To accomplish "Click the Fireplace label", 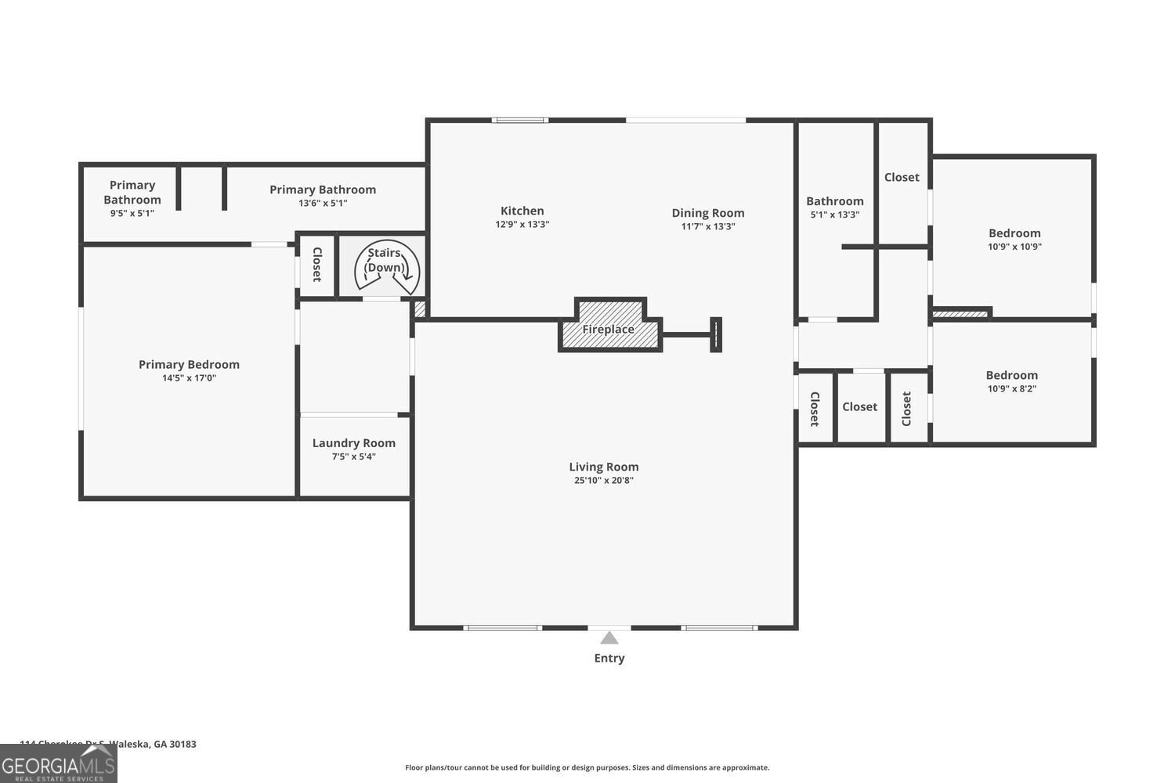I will coord(608,330).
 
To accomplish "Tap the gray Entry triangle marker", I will coord(609,638).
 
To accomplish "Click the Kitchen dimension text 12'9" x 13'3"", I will coord(522,224).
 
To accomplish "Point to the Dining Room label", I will coord(707,213).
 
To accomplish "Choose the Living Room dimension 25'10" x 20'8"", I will coord(603,480).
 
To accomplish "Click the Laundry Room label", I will coord(353,443).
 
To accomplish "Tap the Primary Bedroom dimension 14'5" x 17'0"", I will coord(189,378).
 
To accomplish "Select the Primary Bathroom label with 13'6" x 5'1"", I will coord(323,189).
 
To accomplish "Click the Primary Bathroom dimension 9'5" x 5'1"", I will coord(132,213).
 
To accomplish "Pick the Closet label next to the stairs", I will coord(317,265).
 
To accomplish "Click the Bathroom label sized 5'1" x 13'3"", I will coord(834,201).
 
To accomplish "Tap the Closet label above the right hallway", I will coord(902,177).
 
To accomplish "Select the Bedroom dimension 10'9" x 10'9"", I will coord(1014,247).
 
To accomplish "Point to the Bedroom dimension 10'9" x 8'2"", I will coord(1011,388).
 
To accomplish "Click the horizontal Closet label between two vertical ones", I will coord(859,407).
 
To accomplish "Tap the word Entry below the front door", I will coord(609,659).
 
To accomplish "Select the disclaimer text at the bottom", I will coord(587,767).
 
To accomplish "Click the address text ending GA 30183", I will coord(108,744).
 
